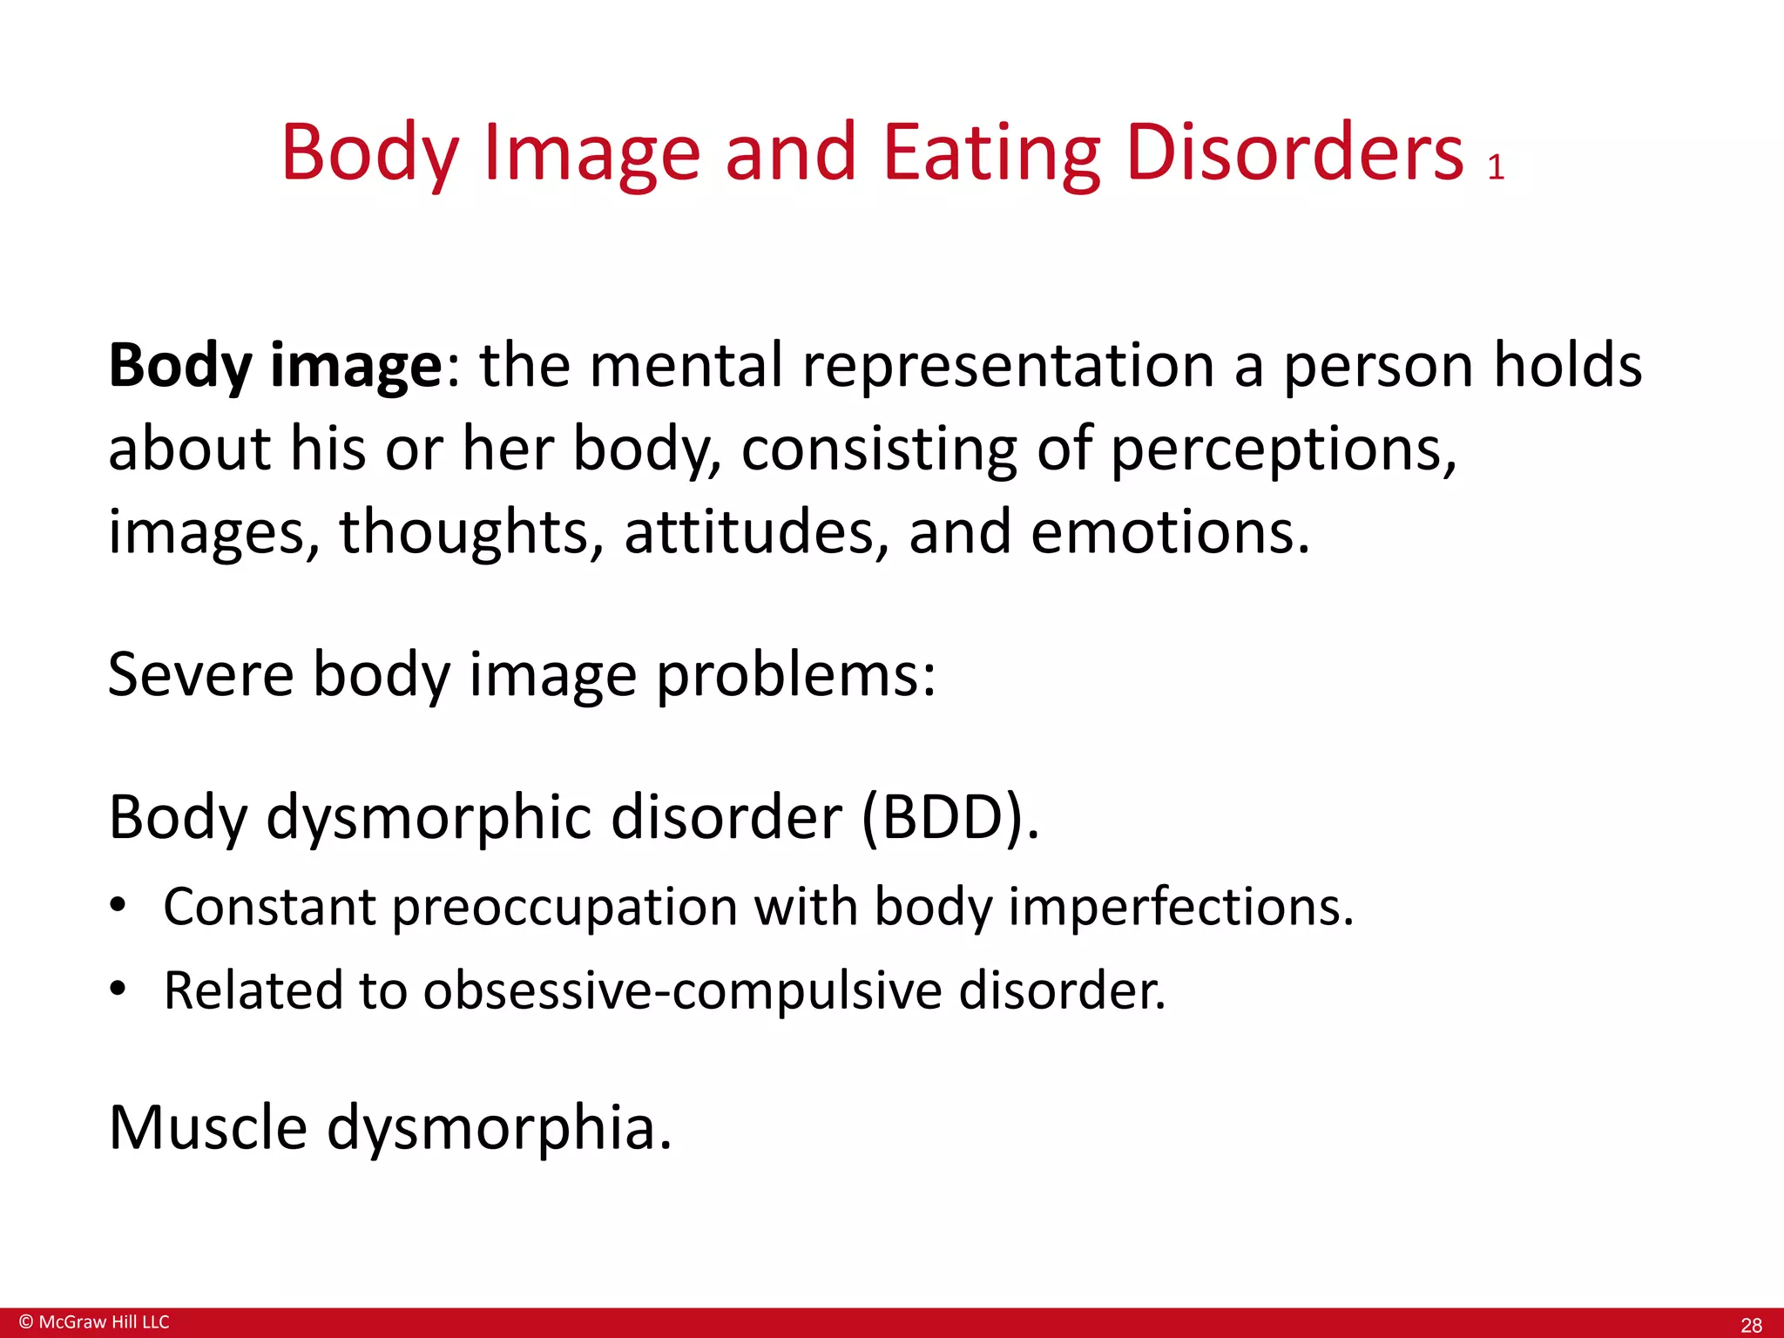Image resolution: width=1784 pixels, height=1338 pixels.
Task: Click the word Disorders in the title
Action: pos(1294,153)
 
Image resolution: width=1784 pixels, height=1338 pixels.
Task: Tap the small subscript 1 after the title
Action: pos(1496,167)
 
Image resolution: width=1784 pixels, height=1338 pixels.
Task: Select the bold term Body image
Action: pos(275,366)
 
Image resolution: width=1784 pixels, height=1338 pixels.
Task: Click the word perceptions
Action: pos(1284,449)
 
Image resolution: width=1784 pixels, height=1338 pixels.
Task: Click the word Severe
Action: pos(201,674)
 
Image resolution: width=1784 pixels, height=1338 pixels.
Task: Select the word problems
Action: pos(795,676)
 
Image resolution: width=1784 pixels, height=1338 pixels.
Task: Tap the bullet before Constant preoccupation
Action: pos(118,905)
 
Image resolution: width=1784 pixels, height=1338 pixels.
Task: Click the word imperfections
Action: pos(1180,907)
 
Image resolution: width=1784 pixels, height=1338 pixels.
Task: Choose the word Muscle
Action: pos(208,1127)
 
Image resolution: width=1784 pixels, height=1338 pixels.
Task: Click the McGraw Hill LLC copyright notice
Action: pos(94,1321)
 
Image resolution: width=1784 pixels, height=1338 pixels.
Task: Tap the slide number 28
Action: pos(1751,1325)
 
